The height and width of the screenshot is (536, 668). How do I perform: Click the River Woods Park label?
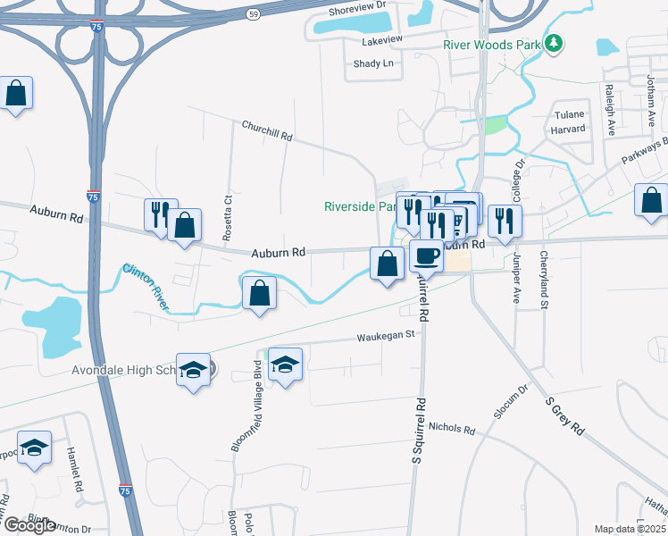pyautogui.click(x=493, y=44)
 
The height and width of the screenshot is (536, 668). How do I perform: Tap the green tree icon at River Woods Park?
pyautogui.click(x=555, y=42)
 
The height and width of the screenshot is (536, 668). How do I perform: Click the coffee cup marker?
pyautogui.click(x=426, y=257)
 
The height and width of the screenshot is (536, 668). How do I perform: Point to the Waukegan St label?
pyautogui.click(x=387, y=336)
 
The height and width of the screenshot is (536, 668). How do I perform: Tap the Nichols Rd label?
pyautogui.click(x=451, y=428)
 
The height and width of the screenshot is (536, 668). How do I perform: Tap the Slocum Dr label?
pyautogui.click(x=512, y=402)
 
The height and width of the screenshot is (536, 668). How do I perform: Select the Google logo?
pyautogui.click(x=29, y=525)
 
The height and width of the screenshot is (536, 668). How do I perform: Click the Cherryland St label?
pyautogui.click(x=543, y=280)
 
